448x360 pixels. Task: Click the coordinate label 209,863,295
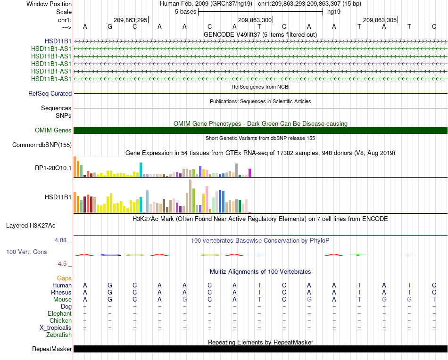click(130, 20)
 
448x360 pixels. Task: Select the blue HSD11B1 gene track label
click(58, 41)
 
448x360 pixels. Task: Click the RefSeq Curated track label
click(50, 93)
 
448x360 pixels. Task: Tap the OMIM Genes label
click(53, 130)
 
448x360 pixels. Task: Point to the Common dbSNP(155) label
click(42, 145)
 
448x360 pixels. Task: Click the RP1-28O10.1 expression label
click(53, 168)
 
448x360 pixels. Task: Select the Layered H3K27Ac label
click(31, 226)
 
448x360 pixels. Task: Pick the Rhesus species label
click(61, 292)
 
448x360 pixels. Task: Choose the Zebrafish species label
click(59, 335)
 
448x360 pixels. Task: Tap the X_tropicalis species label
click(56, 328)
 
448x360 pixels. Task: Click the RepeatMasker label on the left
click(52, 349)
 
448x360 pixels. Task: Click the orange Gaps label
click(64, 278)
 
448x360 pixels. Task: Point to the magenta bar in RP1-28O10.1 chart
click(250, 173)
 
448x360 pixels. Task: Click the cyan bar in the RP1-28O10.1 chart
click(141, 170)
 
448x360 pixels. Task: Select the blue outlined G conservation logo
click(110, 254)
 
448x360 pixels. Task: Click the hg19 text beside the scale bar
click(334, 12)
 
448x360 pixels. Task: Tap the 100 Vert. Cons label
click(26, 252)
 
